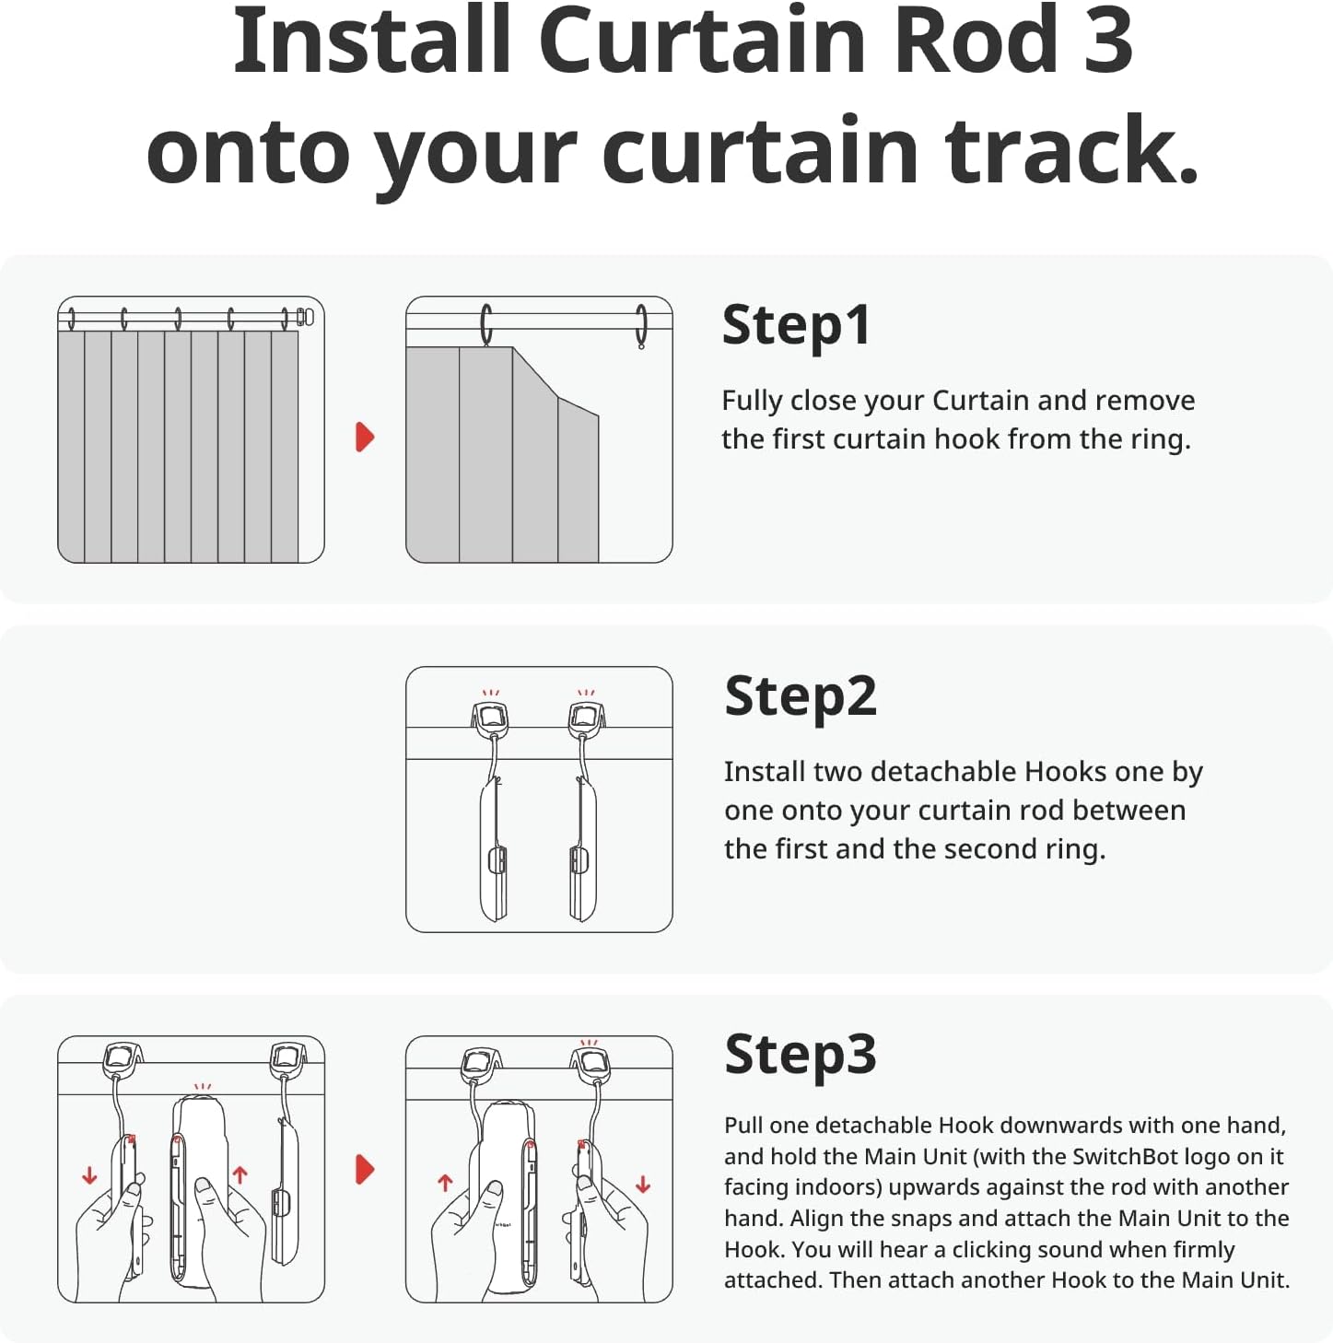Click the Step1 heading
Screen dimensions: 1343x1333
click(796, 326)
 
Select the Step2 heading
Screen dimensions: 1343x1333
click(800, 697)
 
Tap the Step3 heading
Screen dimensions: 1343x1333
click(800, 1055)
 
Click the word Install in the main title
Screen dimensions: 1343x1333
click(371, 41)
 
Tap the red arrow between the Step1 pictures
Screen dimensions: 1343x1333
click(365, 437)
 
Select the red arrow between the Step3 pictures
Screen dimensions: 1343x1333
click(365, 1169)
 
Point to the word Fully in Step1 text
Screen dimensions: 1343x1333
click(752, 402)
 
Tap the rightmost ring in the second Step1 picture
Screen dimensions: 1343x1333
click(641, 327)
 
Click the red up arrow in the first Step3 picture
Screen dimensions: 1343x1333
click(240, 1174)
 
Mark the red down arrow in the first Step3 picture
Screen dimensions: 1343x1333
click(89, 1176)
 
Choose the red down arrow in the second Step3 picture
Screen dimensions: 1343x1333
click(643, 1185)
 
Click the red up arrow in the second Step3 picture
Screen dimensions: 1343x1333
click(445, 1183)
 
